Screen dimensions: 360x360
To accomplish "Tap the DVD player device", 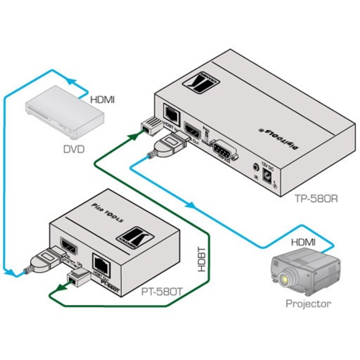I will [65, 111].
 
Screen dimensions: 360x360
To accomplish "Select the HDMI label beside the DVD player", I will [102, 100].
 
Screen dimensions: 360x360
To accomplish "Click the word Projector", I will [308, 303].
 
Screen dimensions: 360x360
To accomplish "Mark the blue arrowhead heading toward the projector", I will [191, 206].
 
